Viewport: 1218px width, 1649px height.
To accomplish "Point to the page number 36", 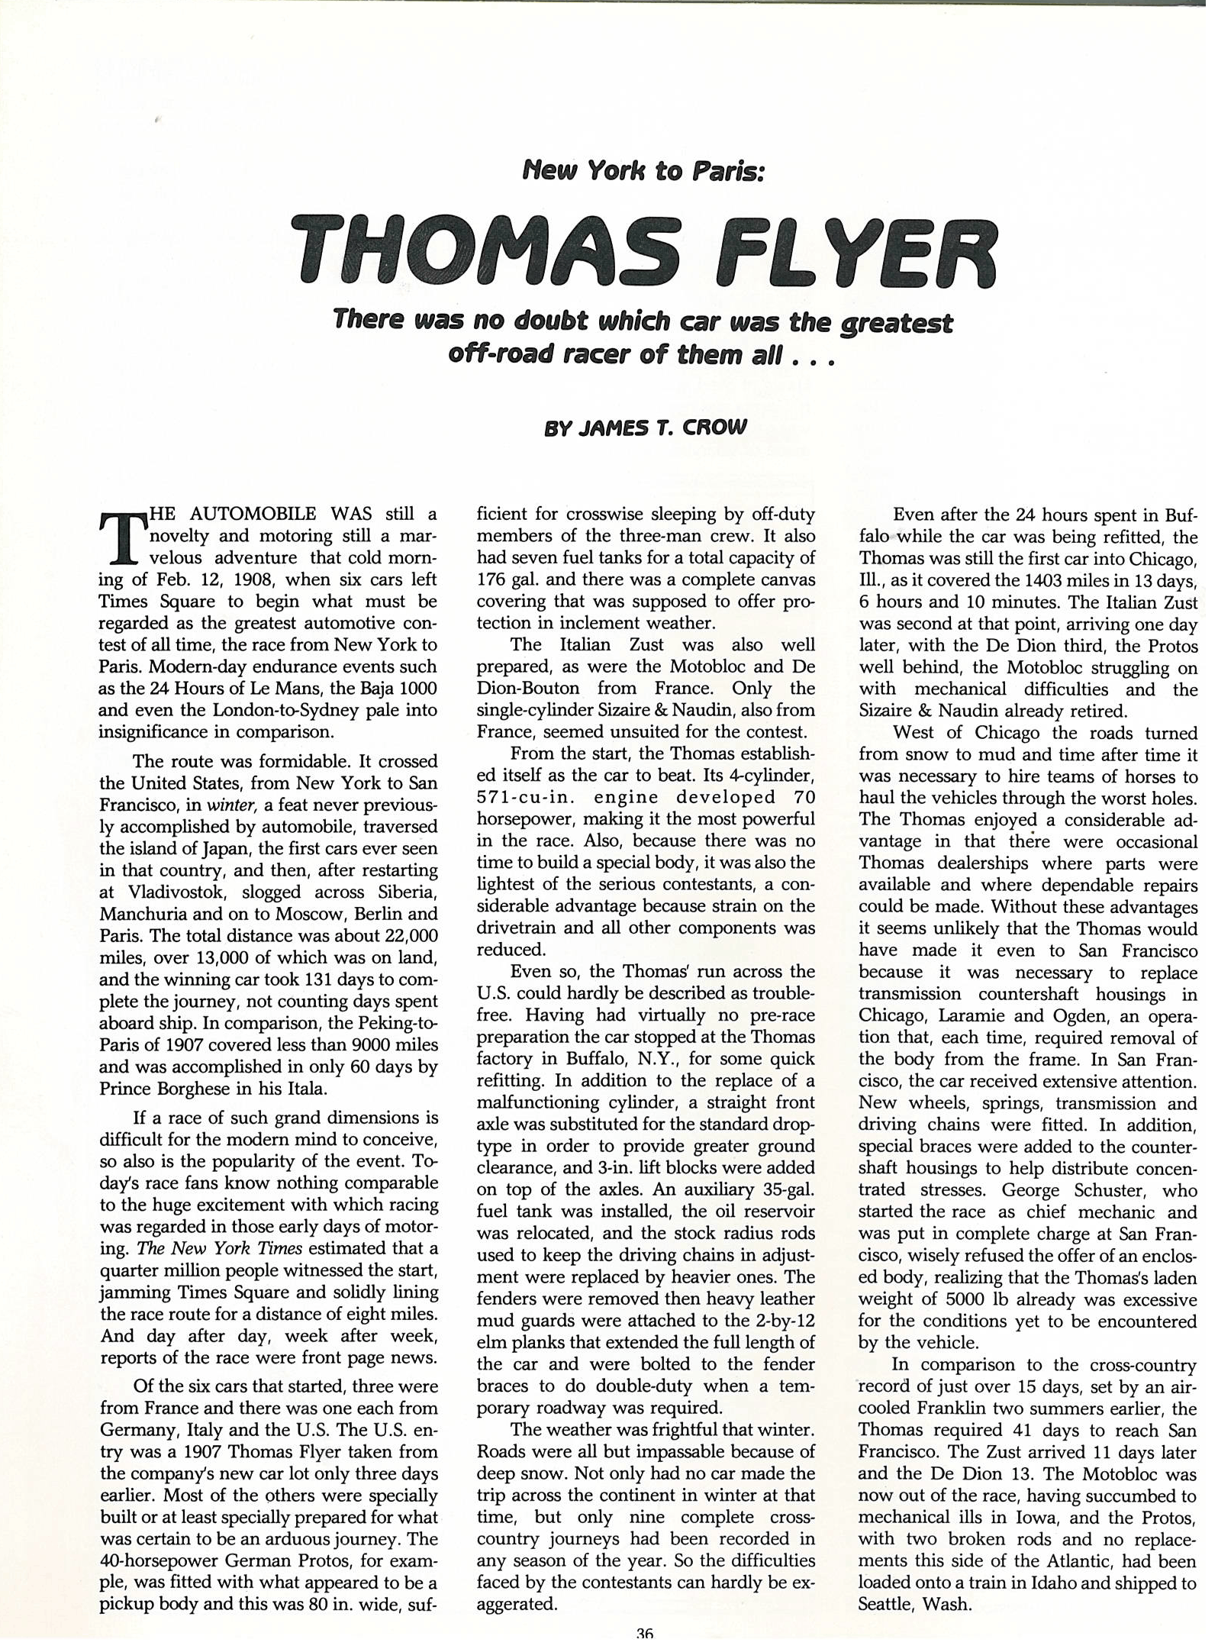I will pyautogui.click(x=645, y=1634).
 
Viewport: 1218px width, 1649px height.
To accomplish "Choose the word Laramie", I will pyautogui.click(x=967, y=1015).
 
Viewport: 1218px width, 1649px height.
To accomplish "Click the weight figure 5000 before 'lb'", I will pyautogui.click(x=965, y=1299).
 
